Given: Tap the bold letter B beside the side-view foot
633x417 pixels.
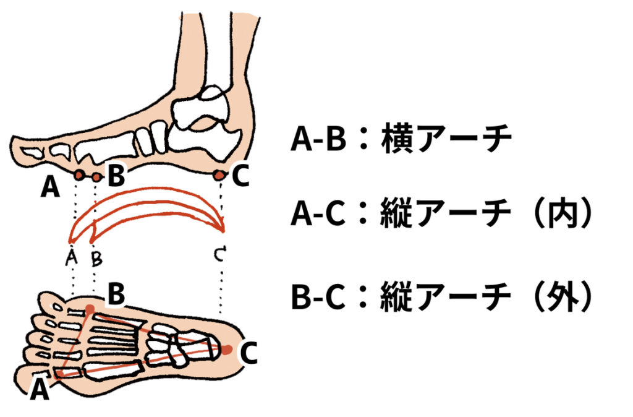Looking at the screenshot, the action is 116,175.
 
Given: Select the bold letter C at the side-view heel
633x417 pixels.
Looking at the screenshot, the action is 240,176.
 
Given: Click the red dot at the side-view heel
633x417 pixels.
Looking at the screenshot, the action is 219,175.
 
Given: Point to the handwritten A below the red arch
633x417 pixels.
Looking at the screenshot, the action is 72,257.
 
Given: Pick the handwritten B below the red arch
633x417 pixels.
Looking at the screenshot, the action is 96,259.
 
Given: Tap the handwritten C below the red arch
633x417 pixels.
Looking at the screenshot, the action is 220,254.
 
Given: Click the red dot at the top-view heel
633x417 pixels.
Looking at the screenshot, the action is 227,350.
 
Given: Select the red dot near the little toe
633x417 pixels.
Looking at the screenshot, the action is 90,310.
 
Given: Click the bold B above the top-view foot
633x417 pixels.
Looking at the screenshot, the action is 116,294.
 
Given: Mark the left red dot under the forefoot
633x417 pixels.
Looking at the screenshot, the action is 79,175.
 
